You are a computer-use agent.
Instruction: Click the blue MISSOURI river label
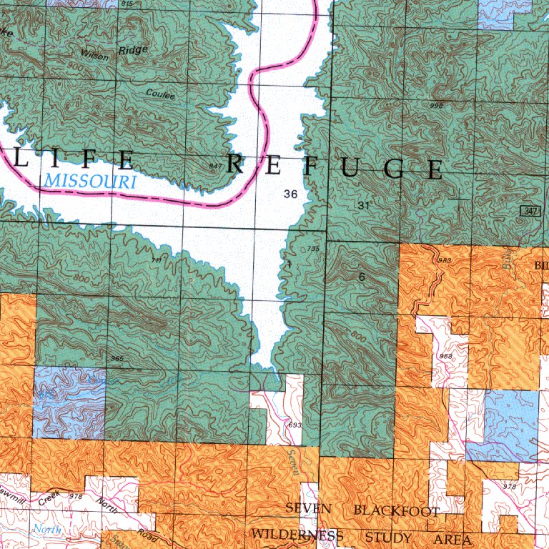click(89, 181)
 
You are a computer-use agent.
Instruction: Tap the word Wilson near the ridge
click(94, 54)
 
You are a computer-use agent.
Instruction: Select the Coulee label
click(160, 94)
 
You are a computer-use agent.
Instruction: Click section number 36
click(290, 194)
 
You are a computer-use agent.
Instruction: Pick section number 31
click(364, 205)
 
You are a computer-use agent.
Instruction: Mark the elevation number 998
click(436, 105)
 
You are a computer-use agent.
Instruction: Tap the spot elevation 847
click(215, 166)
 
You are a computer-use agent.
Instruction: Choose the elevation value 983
click(445, 260)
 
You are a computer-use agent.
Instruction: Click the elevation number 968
click(446, 355)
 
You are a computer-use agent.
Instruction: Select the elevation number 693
click(294, 425)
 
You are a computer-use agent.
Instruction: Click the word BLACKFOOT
click(397, 510)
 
